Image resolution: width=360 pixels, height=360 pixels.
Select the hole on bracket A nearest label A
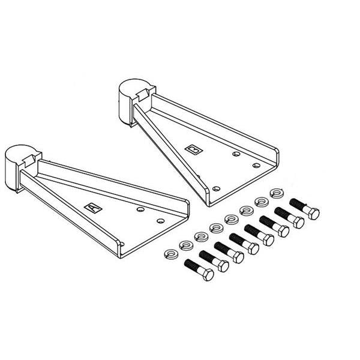pos(140,210)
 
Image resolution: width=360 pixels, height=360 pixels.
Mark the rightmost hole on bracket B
pos(256,164)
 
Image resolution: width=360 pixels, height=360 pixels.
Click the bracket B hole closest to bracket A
pos(218,185)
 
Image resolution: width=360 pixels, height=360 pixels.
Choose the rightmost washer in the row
pos(277,193)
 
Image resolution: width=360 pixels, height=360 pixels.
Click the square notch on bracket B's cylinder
pos(144,94)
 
